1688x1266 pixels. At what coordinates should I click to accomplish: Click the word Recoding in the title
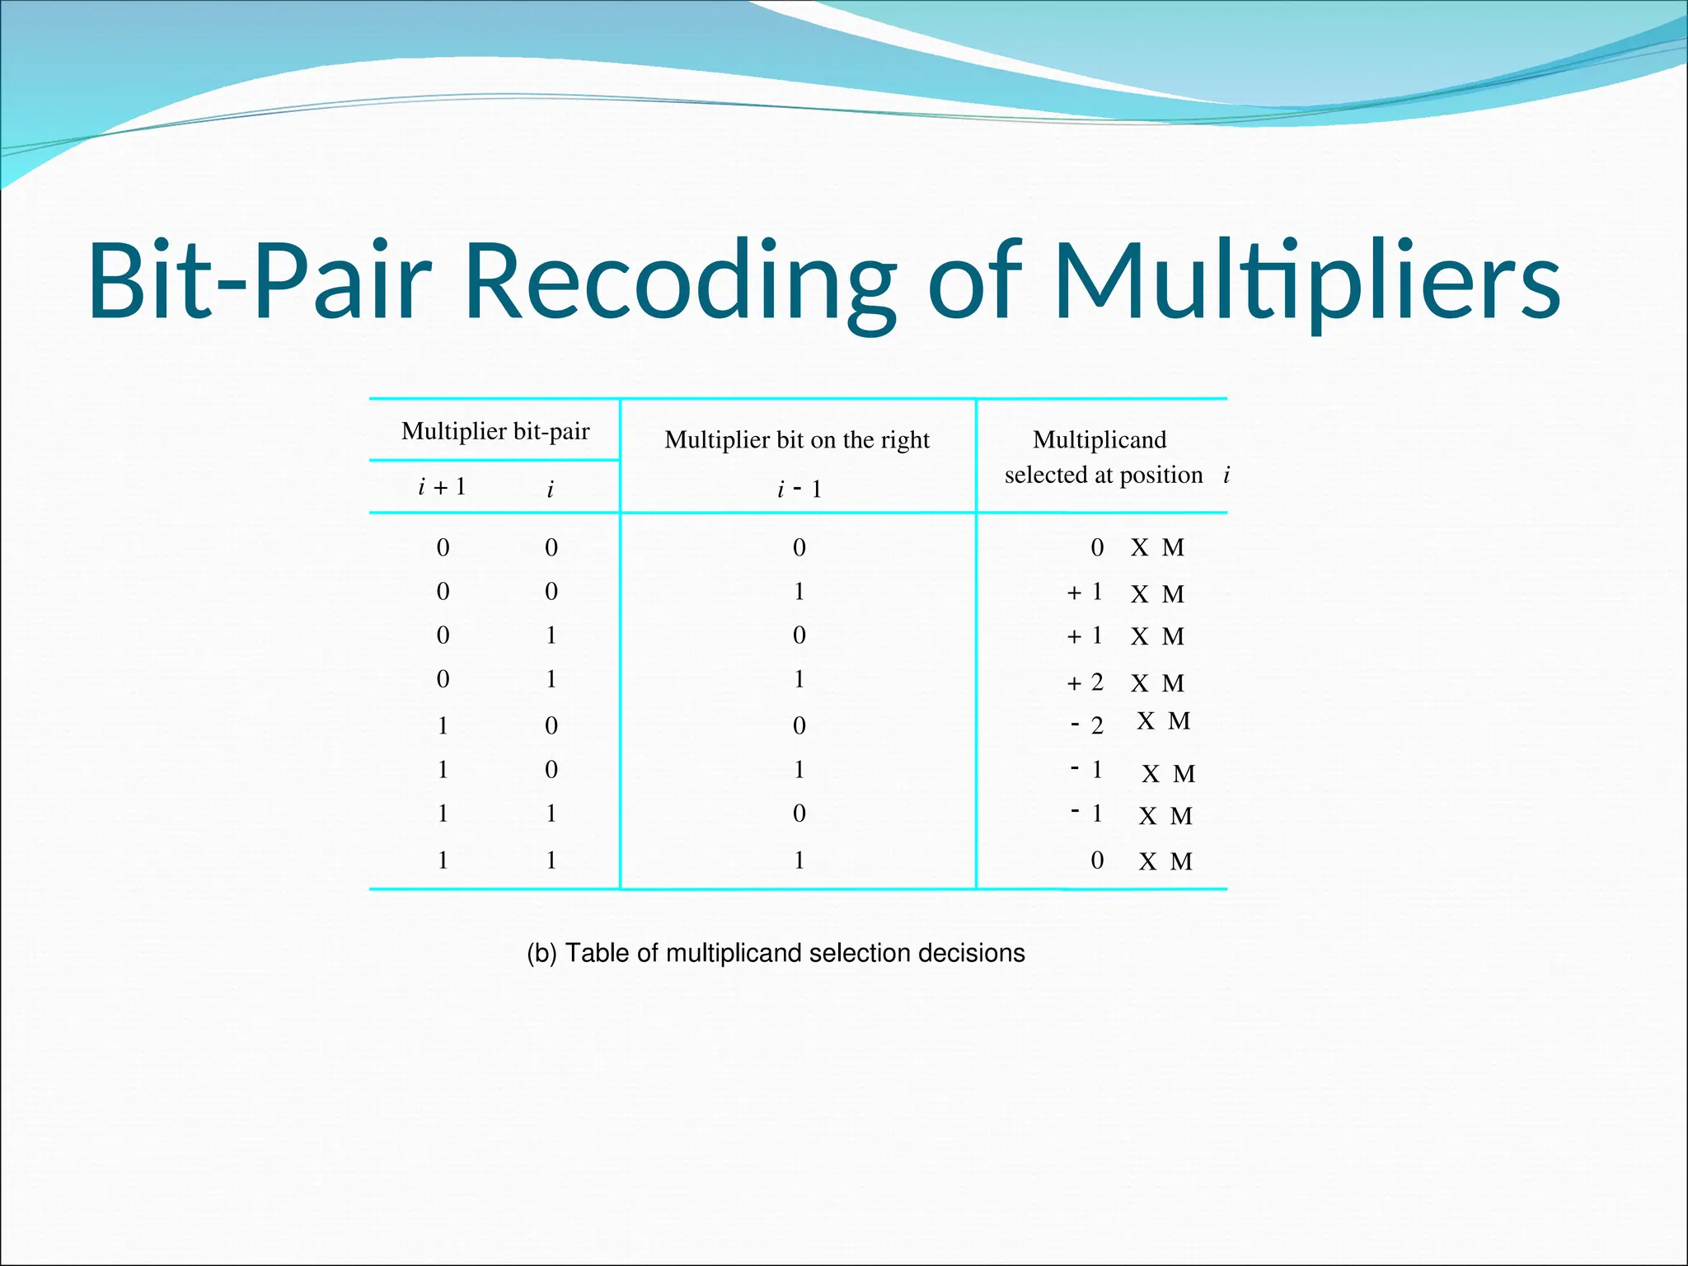[x=680, y=280]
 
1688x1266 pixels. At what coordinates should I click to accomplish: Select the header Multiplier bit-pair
[x=495, y=431]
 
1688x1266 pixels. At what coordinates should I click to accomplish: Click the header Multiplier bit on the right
[x=797, y=440]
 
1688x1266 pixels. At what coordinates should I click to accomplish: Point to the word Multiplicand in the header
[x=1100, y=440]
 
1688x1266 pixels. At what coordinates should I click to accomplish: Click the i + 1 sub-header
[x=443, y=487]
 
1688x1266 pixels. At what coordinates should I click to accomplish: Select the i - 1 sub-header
[x=799, y=490]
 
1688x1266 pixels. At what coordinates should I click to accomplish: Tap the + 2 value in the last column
[x=1085, y=682]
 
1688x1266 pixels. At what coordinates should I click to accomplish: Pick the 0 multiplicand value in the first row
[x=1097, y=547]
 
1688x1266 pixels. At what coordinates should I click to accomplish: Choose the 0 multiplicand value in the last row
[x=1097, y=860]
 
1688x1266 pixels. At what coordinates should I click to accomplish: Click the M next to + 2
[x=1173, y=683]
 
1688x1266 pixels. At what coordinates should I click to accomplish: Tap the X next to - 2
[x=1146, y=721]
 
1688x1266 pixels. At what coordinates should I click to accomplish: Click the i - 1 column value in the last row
[x=799, y=860]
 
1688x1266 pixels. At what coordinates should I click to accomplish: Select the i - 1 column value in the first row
[x=799, y=547]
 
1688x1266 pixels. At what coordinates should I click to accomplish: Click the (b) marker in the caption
[x=542, y=954]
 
